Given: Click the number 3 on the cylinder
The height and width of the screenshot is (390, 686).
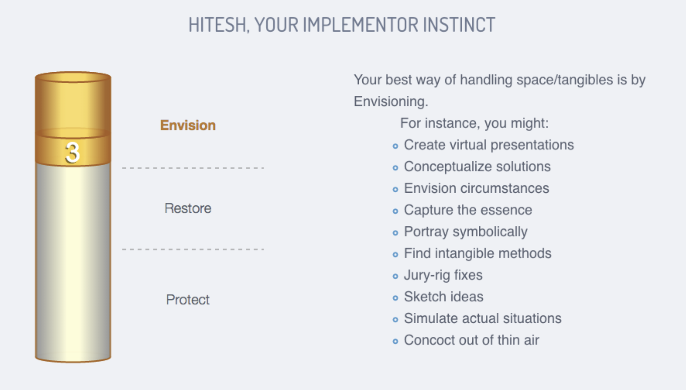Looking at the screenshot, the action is pos(73,152).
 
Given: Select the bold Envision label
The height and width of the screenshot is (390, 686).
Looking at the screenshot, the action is pos(188,125).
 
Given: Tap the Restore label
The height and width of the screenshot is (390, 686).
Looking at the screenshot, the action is pos(188,209).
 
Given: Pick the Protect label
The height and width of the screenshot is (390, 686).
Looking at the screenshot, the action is pos(188,300).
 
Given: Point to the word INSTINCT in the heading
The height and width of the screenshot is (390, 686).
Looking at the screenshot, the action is pos(459,25).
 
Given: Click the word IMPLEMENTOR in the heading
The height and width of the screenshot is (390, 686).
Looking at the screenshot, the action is pos(361,25).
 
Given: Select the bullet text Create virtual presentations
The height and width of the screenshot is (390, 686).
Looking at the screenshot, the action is pos(489,145).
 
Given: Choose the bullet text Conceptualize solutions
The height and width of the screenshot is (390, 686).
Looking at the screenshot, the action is pos(477,167).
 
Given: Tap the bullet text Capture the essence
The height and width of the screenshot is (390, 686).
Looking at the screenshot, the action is pos(468,210).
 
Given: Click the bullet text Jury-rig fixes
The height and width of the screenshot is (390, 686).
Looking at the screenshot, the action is pos(443,275).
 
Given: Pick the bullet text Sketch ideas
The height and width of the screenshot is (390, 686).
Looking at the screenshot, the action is pos(444,297).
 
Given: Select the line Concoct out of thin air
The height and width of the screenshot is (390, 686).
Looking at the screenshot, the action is pos(471,340).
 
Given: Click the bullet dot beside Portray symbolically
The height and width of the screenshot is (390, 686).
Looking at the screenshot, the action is pos(395,233).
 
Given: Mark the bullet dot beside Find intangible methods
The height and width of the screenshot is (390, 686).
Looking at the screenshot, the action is pos(395,254).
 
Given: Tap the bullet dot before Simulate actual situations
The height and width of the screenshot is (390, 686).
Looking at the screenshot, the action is pos(395,320).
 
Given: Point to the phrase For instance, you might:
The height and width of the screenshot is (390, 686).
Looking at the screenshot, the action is pos(474,124).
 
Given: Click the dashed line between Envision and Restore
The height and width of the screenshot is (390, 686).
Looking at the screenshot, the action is pos(193,168).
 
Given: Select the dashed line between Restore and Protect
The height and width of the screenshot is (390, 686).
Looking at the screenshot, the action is pos(193,249).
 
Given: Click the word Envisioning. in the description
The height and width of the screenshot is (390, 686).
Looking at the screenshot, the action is pos(391,102).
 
